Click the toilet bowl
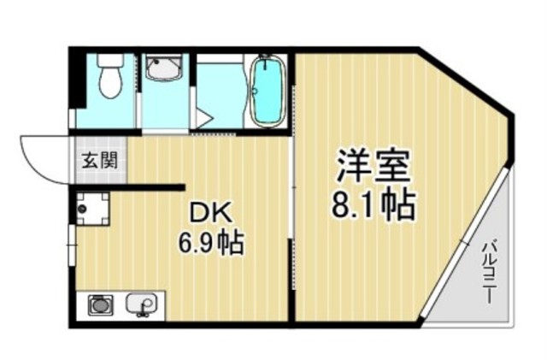pos(109,82)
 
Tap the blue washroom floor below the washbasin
pos(163,107)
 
